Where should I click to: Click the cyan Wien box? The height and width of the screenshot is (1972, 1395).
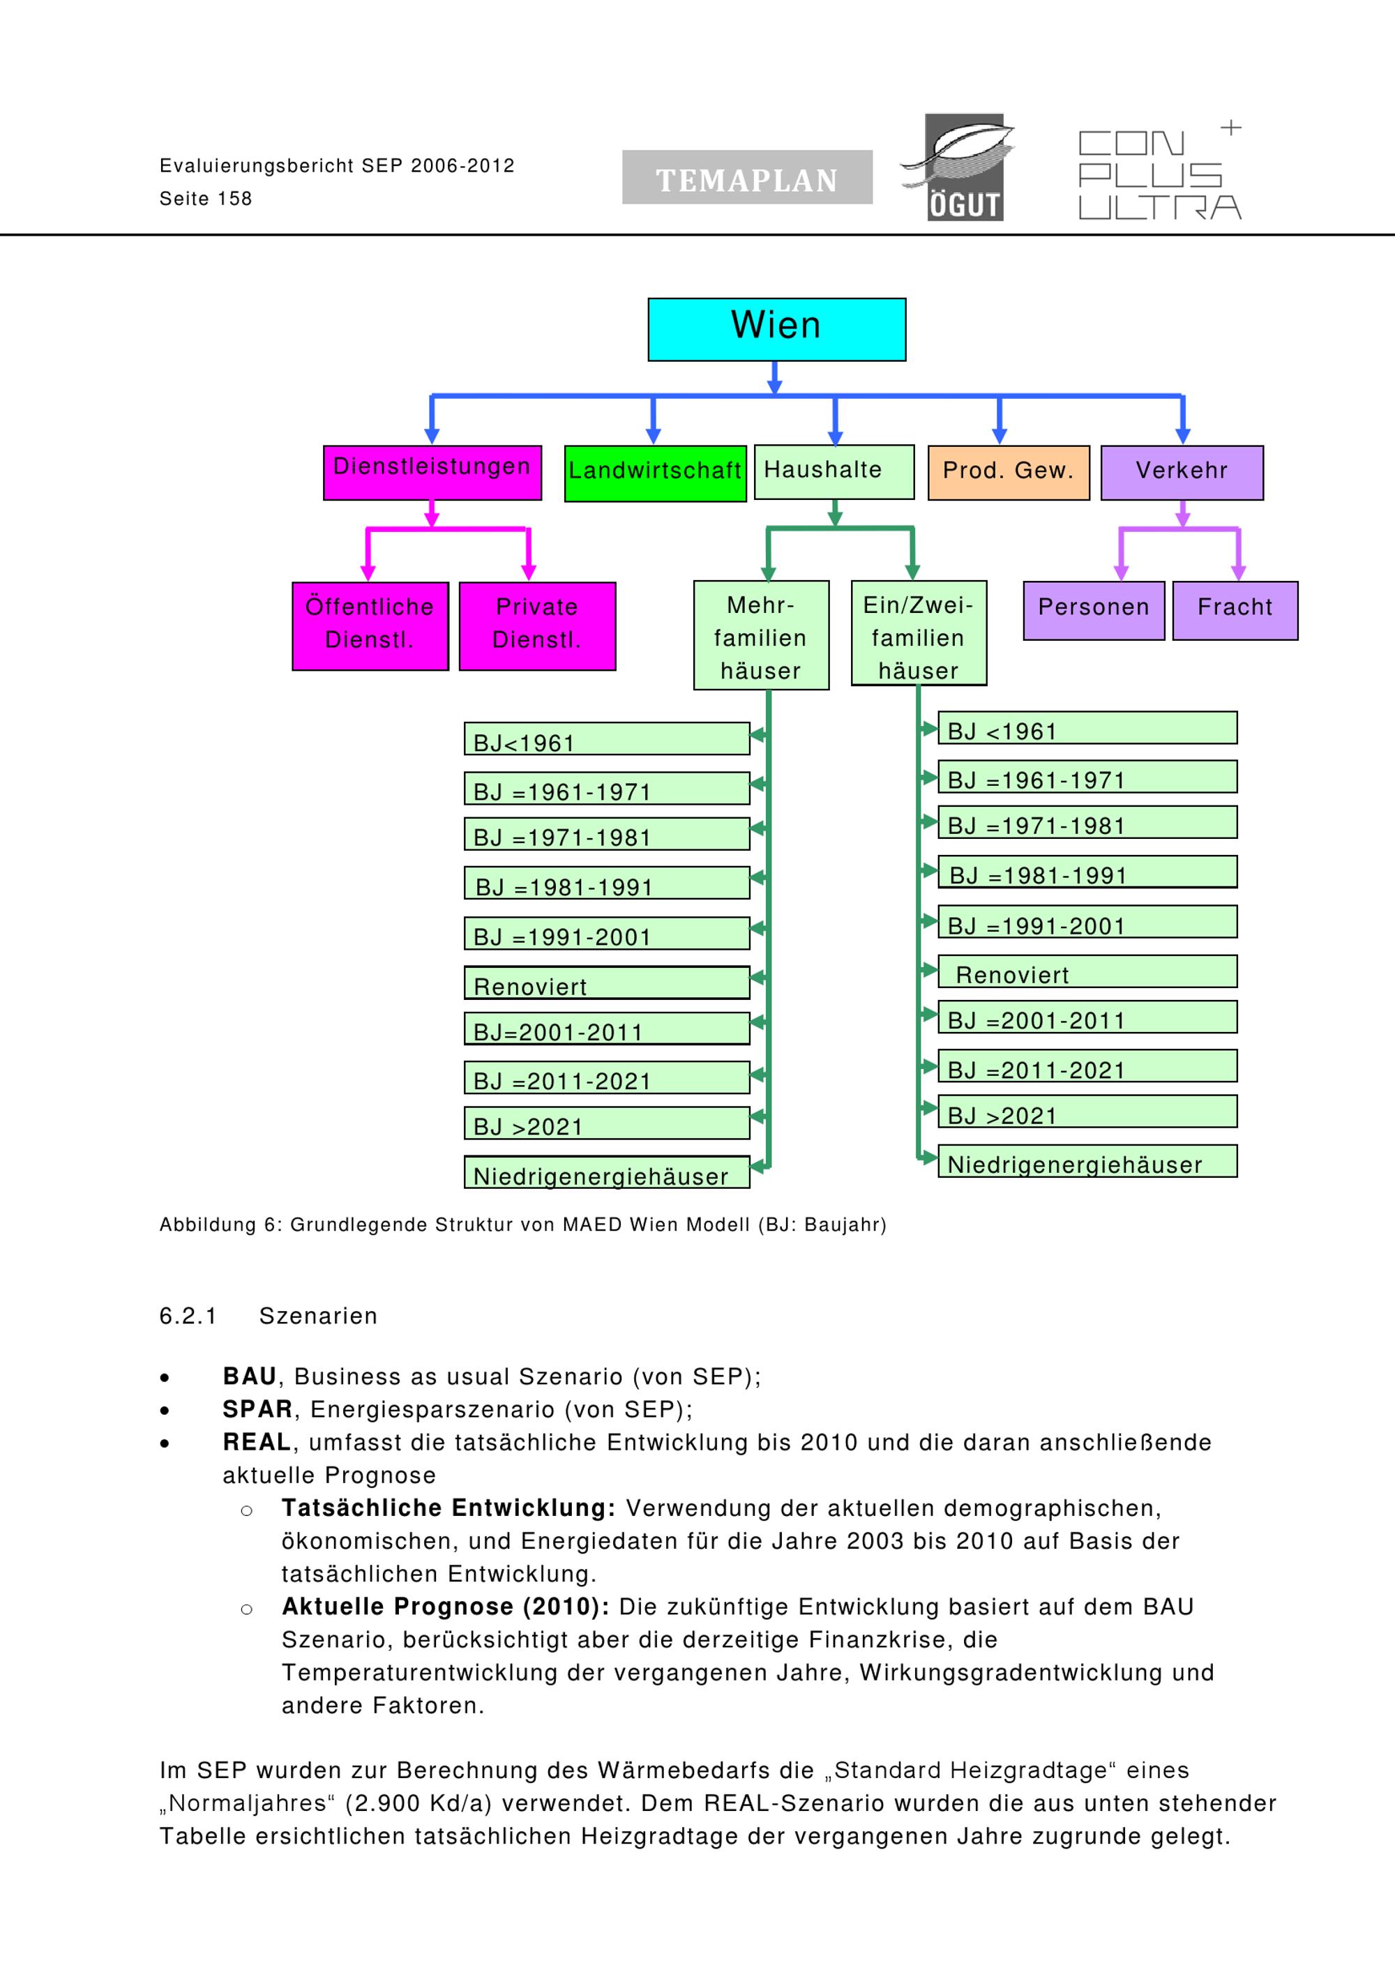tap(776, 329)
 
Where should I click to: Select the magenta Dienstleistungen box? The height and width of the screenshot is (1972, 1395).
tap(432, 472)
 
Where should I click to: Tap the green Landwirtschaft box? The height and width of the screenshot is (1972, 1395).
tap(654, 473)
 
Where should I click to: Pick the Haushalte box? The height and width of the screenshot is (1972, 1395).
tap(834, 471)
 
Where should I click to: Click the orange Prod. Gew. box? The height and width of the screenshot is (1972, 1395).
tap(1009, 472)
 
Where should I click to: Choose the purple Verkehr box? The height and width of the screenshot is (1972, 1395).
tap(1182, 472)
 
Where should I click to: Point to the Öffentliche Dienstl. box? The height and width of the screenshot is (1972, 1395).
tap(370, 626)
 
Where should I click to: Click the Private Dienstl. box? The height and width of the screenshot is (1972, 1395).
tap(537, 626)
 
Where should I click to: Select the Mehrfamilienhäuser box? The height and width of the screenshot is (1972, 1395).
tap(761, 635)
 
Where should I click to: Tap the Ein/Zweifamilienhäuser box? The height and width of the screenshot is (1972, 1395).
tap(919, 633)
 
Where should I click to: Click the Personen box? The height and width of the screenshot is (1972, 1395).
tap(1094, 611)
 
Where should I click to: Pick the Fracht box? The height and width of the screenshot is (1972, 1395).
tap(1235, 611)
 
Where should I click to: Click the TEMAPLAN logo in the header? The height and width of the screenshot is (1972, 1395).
tap(747, 177)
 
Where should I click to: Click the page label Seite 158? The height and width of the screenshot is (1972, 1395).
tap(206, 199)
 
